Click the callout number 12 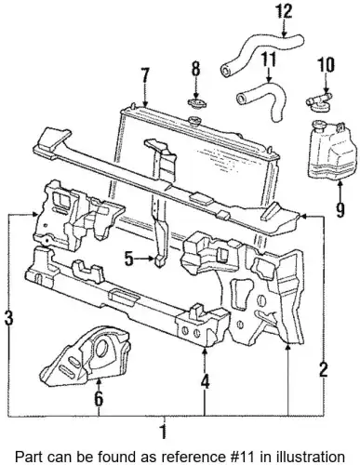pos(284,11)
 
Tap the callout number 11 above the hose pos(268,60)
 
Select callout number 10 pos(326,65)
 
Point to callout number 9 pos(340,210)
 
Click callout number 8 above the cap pos(195,69)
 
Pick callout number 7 pos(145,75)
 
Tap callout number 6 pos(99,399)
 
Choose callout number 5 pos(129,259)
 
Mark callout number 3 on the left pos(8,318)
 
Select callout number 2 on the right pos(323,369)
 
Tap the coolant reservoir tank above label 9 pos(329,151)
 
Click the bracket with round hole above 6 pos(86,356)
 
